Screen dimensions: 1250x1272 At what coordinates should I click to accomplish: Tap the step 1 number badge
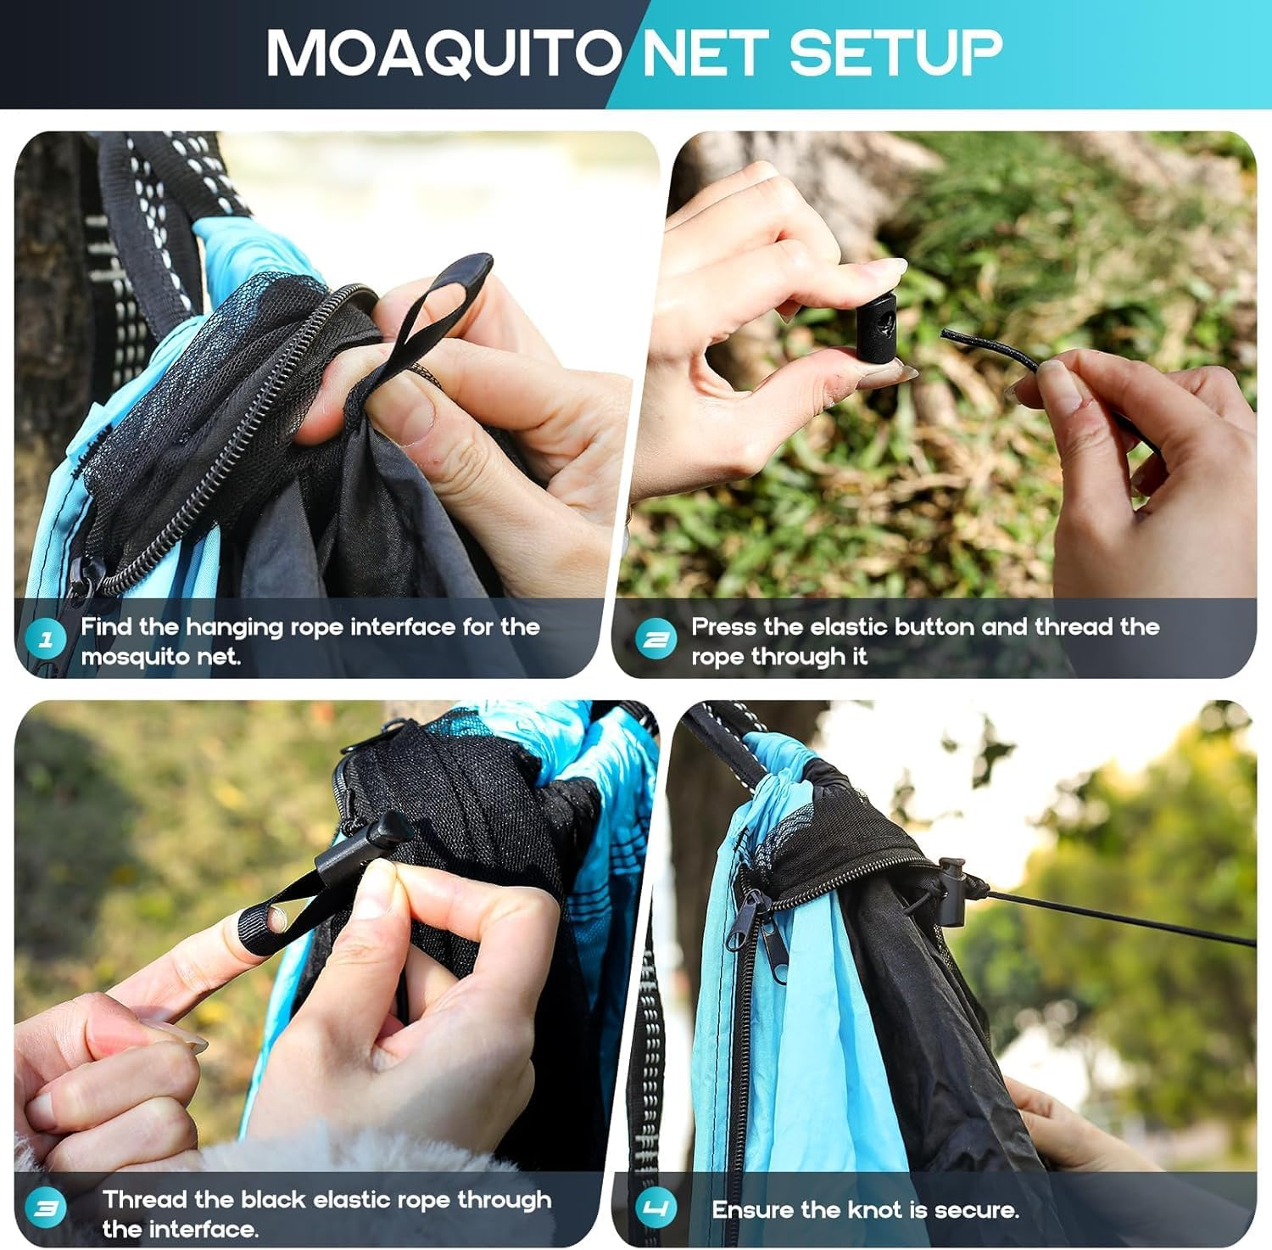46,640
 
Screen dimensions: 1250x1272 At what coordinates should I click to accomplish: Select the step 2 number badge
656,640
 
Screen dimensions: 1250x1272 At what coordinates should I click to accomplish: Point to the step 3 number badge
46,1208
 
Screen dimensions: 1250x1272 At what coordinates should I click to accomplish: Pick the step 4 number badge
656,1208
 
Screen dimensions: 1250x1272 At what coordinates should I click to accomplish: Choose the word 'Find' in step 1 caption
107,626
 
